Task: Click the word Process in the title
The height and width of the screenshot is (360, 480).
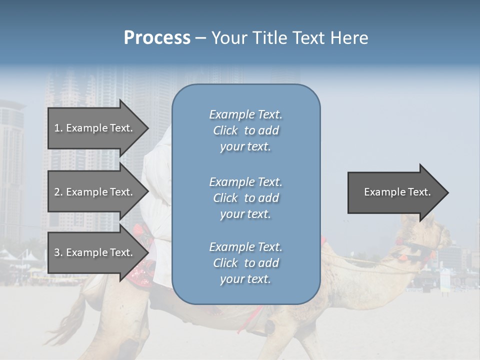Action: click(x=157, y=38)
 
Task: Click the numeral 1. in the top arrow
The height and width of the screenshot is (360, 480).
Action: click(x=58, y=128)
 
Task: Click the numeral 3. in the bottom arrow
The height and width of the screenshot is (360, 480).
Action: click(x=58, y=252)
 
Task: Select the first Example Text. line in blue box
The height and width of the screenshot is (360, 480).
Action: click(x=245, y=114)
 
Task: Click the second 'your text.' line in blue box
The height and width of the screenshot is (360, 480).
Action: click(x=245, y=214)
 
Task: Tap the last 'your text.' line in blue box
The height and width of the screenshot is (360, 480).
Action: click(x=245, y=279)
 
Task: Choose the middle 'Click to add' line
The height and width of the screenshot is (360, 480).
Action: click(x=245, y=198)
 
